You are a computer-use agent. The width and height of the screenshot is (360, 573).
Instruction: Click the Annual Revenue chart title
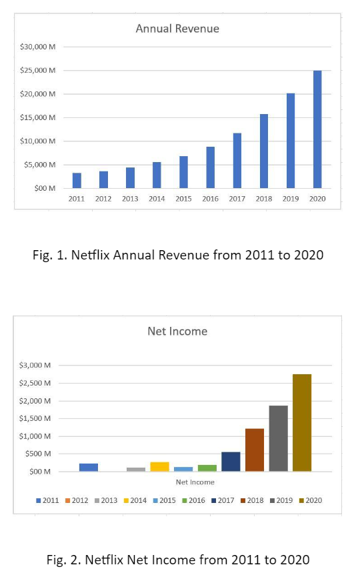[177, 29]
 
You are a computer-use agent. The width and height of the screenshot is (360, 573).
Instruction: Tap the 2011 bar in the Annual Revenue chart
[77, 180]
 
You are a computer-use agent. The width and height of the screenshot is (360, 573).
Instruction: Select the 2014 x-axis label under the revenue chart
[157, 199]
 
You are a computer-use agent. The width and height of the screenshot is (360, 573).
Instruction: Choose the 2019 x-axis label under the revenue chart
[291, 199]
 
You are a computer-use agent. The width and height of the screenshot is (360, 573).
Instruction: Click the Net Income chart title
[177, 331]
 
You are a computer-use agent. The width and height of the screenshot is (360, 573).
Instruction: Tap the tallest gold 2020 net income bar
[302, 423]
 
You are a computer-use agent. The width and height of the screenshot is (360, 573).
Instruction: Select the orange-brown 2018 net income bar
[255, 450]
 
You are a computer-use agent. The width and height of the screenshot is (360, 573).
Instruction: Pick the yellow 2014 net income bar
[159, 466]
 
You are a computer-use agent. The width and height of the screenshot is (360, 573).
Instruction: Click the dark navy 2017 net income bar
[231, 462]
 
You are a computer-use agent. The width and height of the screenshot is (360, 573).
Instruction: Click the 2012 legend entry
[76, 500]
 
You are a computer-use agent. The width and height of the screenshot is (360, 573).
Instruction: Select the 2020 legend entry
[310, 500]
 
